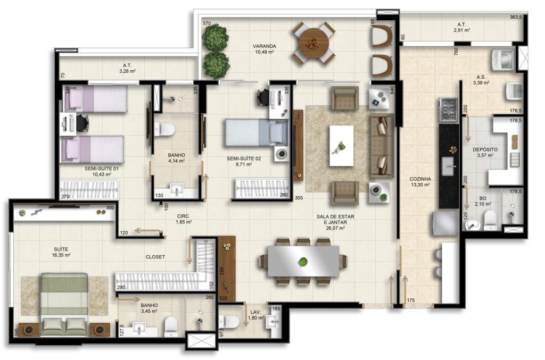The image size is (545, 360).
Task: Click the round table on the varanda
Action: click(x=313, y=43)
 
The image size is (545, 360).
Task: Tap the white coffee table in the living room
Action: click(x=341, y=146)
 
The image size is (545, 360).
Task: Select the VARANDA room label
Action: click(x=264, y=46)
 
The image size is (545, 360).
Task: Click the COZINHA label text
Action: click(x=420, y=179)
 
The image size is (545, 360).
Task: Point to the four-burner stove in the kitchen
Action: click(x=448, y=111)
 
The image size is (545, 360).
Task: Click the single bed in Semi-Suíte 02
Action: click(x=257, y=132)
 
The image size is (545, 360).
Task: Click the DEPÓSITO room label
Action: click(x=485, y=149)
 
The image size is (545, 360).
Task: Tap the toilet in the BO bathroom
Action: click(x=490, y=220)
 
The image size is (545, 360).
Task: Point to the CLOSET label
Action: click(x=155, y=257)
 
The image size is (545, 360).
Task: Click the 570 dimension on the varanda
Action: click(x=207, y=23)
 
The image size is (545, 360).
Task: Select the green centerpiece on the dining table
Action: click(x=303, y=261)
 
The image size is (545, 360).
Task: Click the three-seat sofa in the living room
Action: click(x=382, y=146)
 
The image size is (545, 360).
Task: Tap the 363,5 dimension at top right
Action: click(x=516, y=17)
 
